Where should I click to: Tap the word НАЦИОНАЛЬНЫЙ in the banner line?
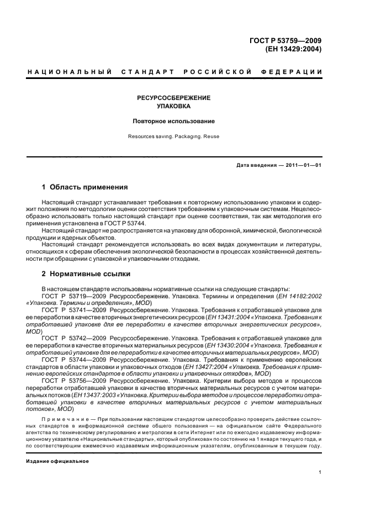pyautogui.click(x=70, y=72)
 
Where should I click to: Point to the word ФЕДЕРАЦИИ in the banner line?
pyautogui.click(x=295, y=72)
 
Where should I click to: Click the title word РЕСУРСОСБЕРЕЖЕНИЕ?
pyautogui.click(x=174, y=98)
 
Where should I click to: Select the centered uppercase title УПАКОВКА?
pyautogui.click(x=174, y=106)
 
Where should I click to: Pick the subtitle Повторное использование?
pyautogui.click(x=174, y=121)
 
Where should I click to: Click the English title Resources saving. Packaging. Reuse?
pyautogui.click(x=174, y=136)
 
